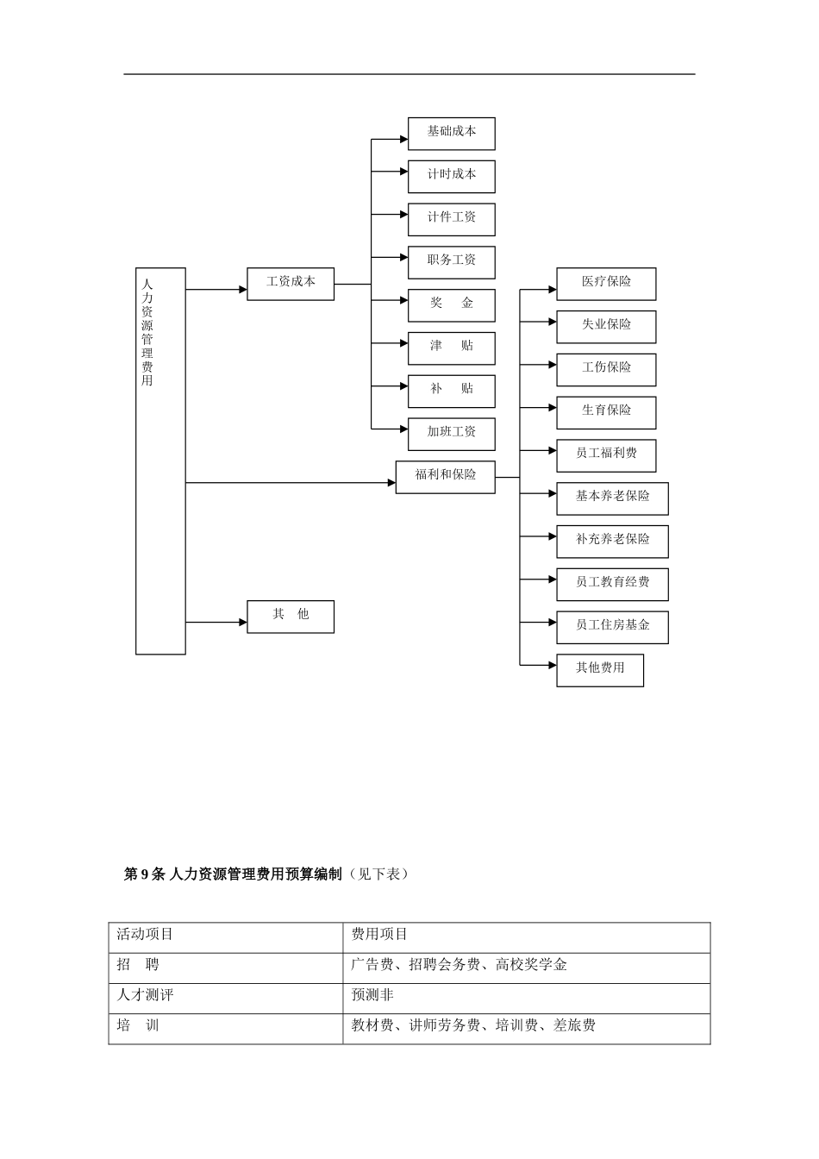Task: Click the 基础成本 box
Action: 451,134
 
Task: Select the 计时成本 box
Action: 451,176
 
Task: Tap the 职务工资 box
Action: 451,262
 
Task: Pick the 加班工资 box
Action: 451,434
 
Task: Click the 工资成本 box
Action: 291,284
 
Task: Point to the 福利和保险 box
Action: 445,477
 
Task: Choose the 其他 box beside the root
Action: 291,617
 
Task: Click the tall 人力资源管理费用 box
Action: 160,461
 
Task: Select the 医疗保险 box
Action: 606,284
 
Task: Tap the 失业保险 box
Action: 606,327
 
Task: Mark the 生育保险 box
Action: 606,412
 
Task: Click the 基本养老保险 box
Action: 612,498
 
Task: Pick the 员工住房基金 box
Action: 612,627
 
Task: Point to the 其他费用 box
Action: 600,670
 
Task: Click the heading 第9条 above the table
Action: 144,874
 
